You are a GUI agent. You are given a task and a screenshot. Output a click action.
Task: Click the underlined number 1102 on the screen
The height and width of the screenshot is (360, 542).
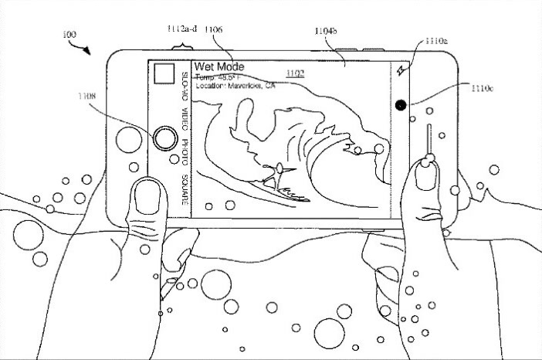point(296,73)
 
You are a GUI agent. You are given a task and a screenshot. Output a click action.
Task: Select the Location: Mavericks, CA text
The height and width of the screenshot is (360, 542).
point(235,87)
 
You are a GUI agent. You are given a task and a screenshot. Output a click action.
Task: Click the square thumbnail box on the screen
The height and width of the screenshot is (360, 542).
point(164,74)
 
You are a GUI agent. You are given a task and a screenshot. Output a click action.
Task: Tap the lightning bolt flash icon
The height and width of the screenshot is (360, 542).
point(401,72)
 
